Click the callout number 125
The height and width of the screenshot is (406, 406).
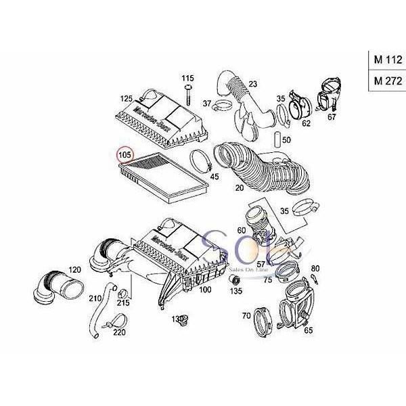[127, 99]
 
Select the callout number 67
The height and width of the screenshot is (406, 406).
[332, 117]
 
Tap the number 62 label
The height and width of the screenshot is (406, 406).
[306, 124]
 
